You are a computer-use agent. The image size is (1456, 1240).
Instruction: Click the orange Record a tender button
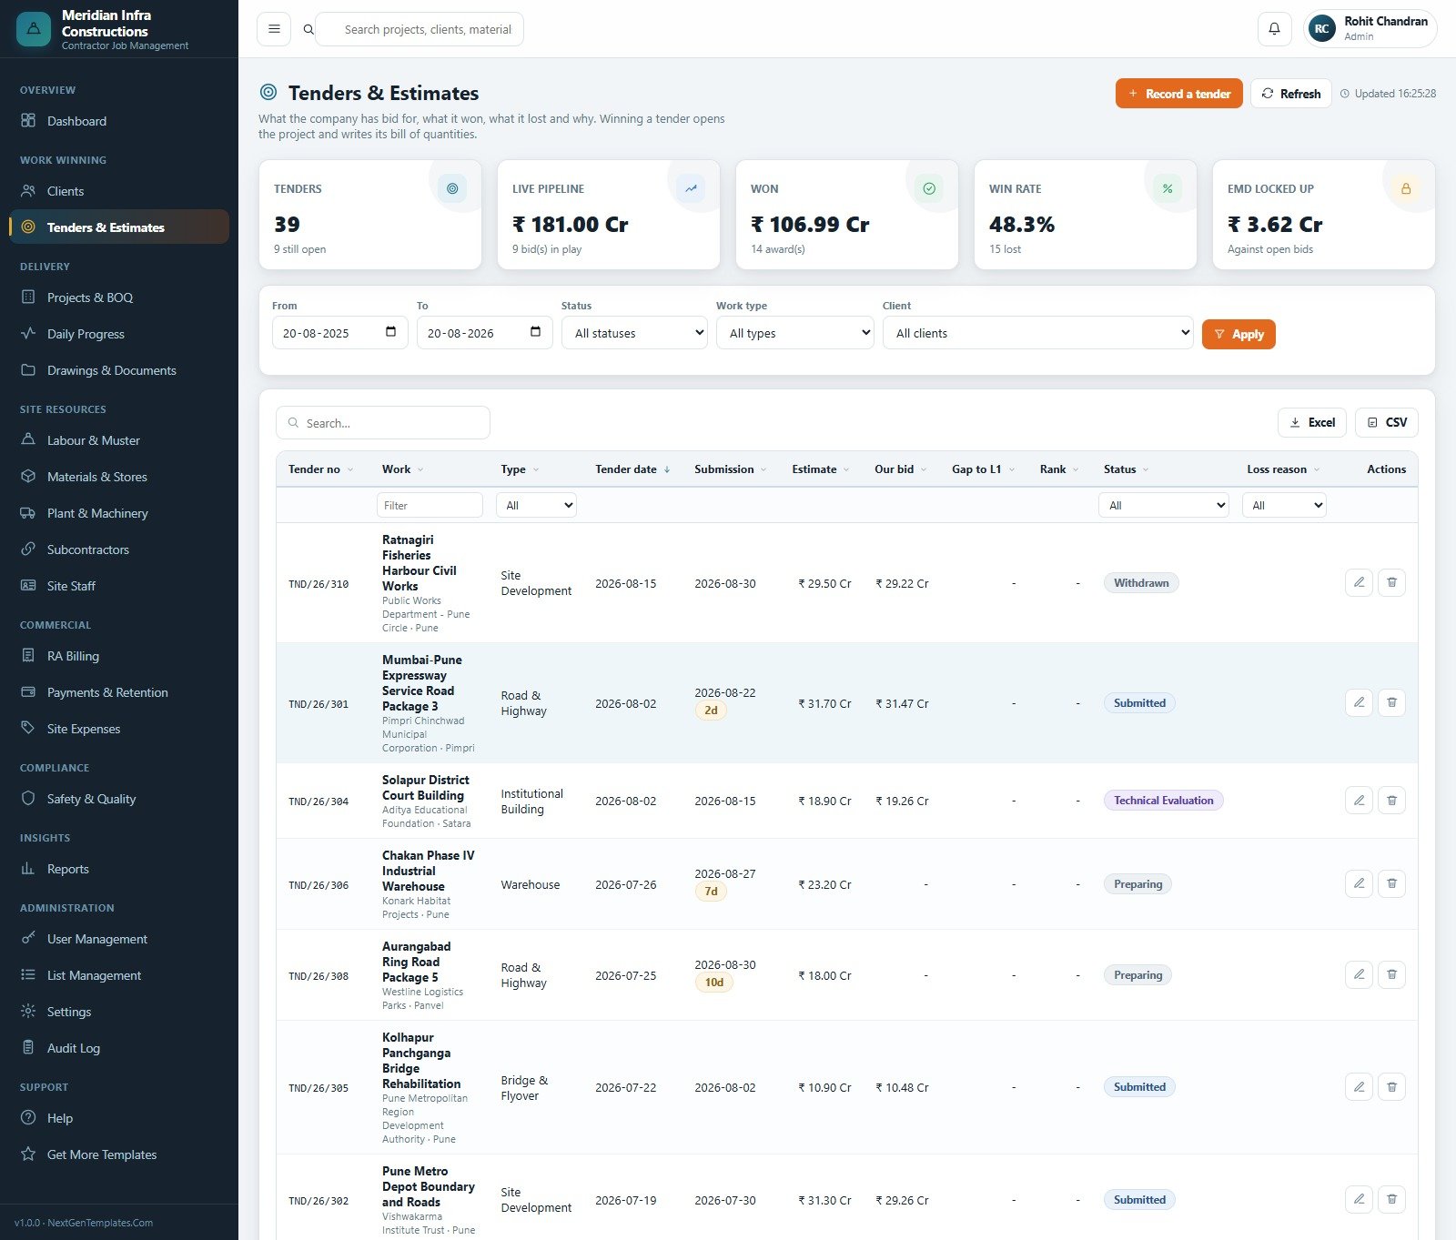point(1178,94)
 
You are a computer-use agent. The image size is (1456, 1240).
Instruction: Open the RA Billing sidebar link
point(73,656)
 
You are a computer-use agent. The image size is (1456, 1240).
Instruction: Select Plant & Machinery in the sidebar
point(97,513)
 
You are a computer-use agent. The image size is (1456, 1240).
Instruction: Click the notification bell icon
point(1274,29)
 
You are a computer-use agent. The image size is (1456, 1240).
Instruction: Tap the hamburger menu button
point(274,29)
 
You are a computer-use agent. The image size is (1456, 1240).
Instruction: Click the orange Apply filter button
point(1239,334)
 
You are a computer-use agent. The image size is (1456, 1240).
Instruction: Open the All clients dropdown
point(1037,333)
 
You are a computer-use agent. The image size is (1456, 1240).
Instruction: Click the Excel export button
point(1312,422)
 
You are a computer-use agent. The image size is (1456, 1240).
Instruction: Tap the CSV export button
point(1387,422)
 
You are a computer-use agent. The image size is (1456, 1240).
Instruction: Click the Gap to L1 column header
point(976,469)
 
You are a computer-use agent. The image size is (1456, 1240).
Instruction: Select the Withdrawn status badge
point(1141,583)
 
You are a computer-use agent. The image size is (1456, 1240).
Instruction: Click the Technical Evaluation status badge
point(1164,801)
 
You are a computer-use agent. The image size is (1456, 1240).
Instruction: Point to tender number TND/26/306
point(318,885)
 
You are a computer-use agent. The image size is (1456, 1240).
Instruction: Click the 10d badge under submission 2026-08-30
point(714,983)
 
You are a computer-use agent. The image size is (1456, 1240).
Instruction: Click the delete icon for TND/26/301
point(1391,702)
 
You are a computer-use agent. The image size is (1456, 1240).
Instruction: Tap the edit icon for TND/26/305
point(1359,1086)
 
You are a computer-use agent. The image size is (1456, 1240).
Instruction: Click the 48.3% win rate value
point(1022,225)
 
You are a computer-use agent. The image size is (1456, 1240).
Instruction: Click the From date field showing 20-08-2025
point(339,333)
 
